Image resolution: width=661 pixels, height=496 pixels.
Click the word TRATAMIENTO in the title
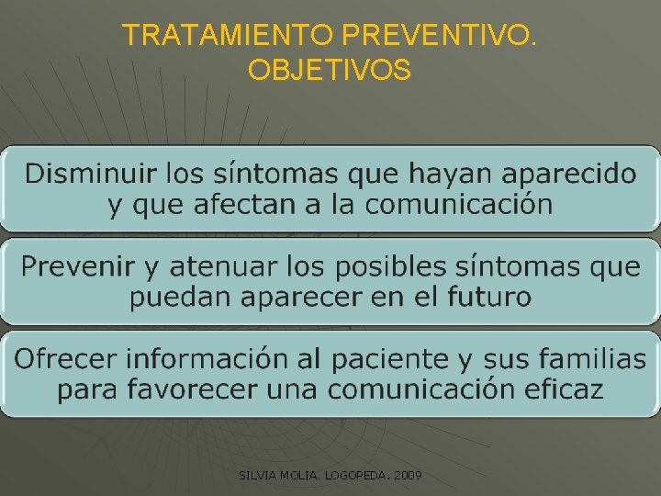tap(229, 36)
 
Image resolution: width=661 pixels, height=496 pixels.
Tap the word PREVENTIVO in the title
tap(440, 36)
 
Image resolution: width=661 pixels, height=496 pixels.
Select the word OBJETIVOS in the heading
tap(330, 70)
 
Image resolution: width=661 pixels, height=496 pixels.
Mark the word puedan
tap(176, 297)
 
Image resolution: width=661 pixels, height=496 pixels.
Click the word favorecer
tap(189, 389)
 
